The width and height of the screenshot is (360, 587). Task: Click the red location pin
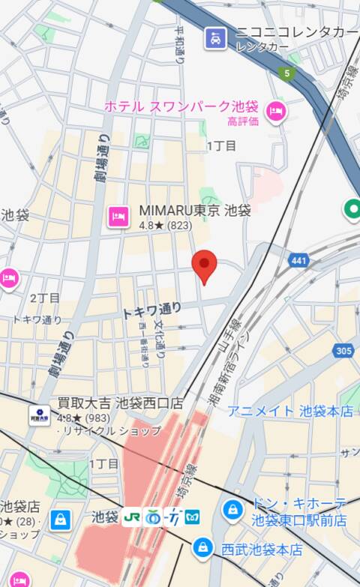click(205, 265)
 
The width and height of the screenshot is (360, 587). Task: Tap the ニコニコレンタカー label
click(297, 32)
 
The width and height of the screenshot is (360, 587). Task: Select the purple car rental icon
click(216, 37)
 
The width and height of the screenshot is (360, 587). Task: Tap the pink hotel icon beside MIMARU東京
click(118, 216)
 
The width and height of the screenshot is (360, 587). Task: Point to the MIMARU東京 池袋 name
click(195, 211)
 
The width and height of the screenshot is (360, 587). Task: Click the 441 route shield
click(298, 260)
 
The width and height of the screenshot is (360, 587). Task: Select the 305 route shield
click(343, 350)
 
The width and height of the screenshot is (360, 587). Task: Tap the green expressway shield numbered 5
click(285, 73)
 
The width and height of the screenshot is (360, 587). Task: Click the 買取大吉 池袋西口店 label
click(120, 403)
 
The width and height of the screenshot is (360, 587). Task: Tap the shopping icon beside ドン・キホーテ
click(233, 511)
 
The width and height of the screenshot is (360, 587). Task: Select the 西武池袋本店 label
click(262, 550)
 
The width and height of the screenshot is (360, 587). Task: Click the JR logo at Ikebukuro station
click(132, 517)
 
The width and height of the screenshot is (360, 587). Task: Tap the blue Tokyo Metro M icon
click(193, 517)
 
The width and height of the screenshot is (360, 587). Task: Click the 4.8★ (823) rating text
click(165, 225)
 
